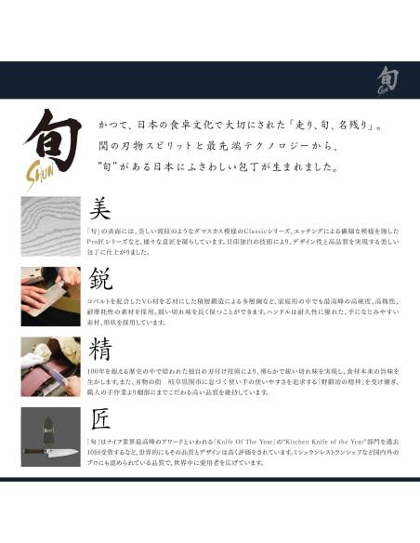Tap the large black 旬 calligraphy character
click(x=52, y=141)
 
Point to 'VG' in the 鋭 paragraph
click(x=154, y=300)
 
